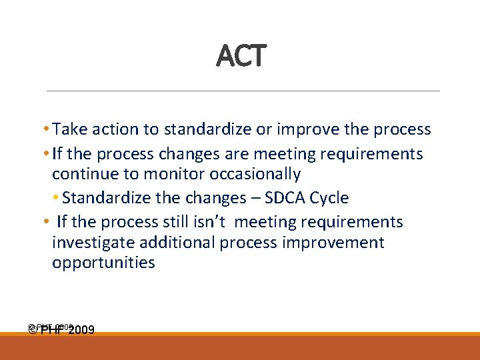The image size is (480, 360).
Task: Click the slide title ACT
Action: click(241, 56)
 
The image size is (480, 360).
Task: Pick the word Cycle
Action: click(329, 198)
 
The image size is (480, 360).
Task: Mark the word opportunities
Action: click(103, 263)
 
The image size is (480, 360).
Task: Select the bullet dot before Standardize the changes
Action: click(57, 199)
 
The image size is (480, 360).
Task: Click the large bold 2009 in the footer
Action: click(80, 329)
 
